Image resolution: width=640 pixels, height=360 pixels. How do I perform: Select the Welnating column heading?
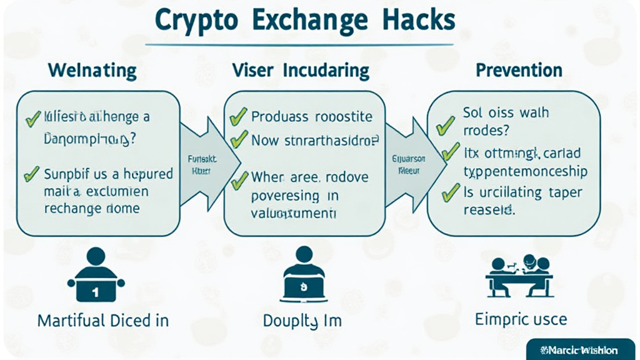pos(92,71)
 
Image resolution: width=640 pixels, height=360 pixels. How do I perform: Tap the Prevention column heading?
pos(519,70)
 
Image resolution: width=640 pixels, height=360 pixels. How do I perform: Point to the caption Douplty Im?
pos(302,322)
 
